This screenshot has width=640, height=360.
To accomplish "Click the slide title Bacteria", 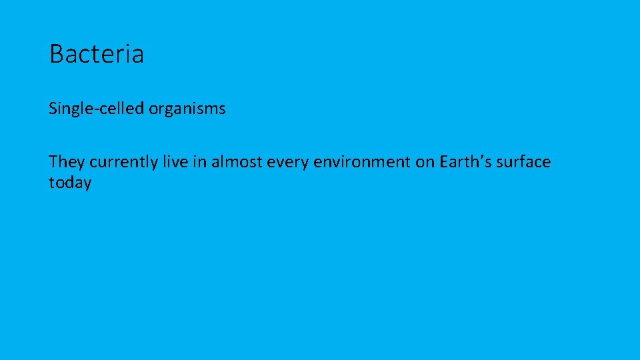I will (x=97, y=54).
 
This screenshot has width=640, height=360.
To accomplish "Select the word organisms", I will (x=187, y=109).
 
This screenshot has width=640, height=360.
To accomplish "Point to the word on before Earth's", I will (x=425, y=163).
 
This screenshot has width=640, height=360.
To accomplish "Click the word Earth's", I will (x=465, y=162).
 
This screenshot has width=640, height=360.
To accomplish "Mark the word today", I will (x=70, y=183).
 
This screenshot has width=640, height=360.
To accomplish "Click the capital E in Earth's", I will (x=444, y=162).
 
